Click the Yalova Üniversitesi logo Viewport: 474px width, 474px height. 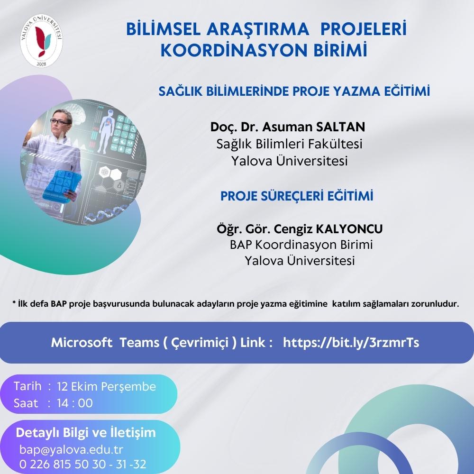pos(41,40)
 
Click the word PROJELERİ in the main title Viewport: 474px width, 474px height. pos(363,29)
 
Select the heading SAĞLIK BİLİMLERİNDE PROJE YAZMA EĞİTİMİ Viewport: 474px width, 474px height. pos(294,91)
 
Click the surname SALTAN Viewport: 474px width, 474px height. pos(340,127)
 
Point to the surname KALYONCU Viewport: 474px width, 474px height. pos(349,229)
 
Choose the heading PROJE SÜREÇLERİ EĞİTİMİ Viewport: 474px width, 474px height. pos(297,196)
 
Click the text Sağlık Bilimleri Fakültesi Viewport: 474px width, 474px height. pos(289,144)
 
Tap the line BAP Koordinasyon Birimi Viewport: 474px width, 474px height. pos(301,245)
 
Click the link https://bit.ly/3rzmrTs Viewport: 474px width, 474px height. pos(351,343)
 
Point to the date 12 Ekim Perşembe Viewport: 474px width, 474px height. pos(106,387)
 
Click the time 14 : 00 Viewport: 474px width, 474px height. pos(75,403)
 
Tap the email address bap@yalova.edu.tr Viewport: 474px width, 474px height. pos(72,449)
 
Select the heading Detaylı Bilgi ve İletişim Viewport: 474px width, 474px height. pos(85,433)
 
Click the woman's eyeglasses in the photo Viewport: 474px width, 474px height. pos(60,122)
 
